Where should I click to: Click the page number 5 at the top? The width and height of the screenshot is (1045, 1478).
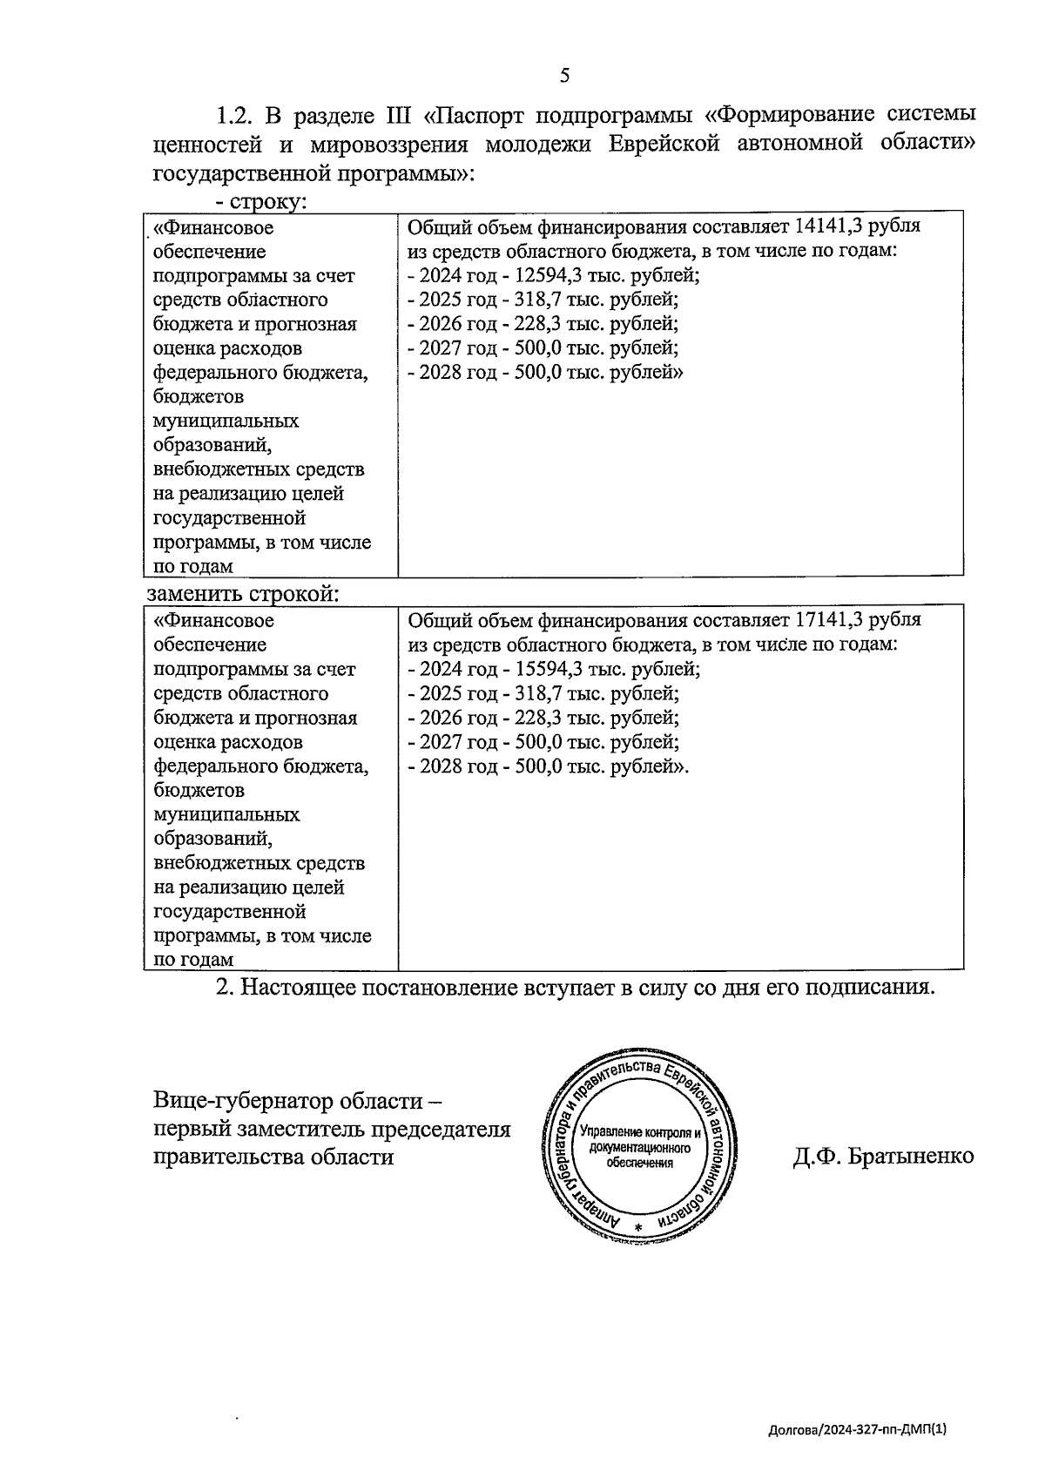(564, 76)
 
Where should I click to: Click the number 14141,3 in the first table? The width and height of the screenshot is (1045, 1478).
(828, 226)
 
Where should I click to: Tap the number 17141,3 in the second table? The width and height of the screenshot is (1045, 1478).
(828, 620)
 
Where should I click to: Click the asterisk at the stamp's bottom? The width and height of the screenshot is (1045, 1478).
(638, 1226)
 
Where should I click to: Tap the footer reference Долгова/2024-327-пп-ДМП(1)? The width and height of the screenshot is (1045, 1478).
(857, 1429)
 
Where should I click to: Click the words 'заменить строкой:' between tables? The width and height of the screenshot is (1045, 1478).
(243, 594)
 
